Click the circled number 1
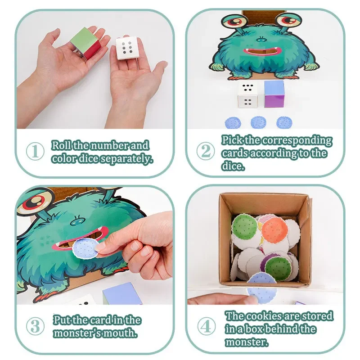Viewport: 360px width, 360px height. point(36,151)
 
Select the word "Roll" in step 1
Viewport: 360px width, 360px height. point(61,146)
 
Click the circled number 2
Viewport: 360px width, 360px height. point(206,151)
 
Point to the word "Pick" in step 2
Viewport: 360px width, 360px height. point(231,140)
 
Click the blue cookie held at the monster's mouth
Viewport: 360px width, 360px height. point(84,248)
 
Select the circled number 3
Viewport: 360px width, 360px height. point(36,326)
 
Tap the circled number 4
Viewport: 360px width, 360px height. point(206,326)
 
